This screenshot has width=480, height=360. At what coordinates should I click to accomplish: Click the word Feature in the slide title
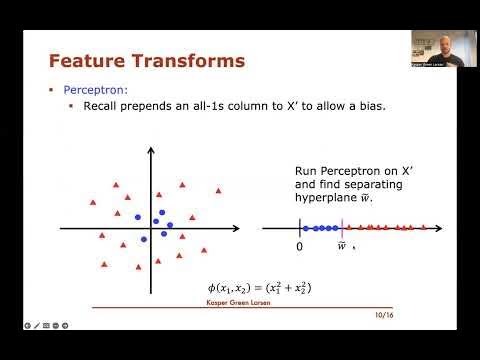click(x=88, y=62)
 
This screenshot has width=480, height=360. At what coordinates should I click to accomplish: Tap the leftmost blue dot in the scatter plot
click(x=138, y=216)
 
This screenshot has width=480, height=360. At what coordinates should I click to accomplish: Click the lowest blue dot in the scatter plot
click(x=144, y=238)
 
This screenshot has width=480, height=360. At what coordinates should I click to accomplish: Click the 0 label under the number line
click(x=299, y=245)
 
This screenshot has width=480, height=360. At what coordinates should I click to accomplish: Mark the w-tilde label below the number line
click(x=341, y=246)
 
